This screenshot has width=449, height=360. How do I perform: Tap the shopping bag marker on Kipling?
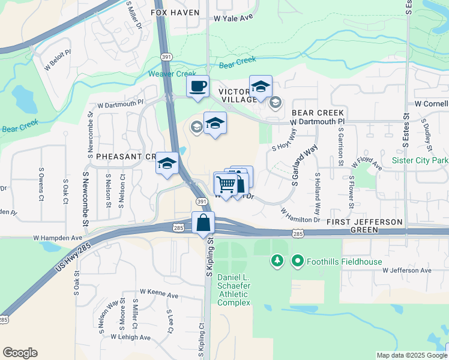click(x=203, y=223)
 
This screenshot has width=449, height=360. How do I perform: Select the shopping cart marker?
click(x=226, y=184)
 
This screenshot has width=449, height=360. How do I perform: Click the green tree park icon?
click(x=277, y=260)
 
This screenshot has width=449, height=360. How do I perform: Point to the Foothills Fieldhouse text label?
click(x=336, y=260)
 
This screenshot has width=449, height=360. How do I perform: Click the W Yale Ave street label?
click(x=234, y=19)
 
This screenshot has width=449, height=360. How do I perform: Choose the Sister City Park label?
click(x=420, y=160)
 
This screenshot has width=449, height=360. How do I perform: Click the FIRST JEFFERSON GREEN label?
click(x=365, y=226)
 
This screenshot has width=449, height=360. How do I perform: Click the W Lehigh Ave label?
click(x=130, y=337)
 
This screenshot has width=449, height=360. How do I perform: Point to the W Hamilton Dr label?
click(x=300, y=215)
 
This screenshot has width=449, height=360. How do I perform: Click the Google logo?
click(x=20, y=352)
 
